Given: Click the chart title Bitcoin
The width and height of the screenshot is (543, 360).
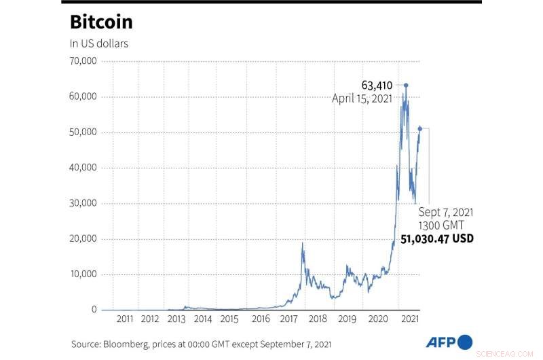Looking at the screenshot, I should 101,22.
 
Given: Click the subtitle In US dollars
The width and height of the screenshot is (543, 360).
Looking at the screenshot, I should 99,43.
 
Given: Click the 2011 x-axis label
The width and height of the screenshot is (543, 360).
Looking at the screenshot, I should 125,319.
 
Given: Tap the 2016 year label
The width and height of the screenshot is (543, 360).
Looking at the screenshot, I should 261,319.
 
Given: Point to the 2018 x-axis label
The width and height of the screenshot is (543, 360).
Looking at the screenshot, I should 318,319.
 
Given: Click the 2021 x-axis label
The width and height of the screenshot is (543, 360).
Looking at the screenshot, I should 409,319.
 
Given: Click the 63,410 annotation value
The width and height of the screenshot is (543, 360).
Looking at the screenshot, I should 377,85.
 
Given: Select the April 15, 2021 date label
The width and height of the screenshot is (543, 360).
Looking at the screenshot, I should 362,98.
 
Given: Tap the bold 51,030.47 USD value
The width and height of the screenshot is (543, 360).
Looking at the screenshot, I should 436,239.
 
